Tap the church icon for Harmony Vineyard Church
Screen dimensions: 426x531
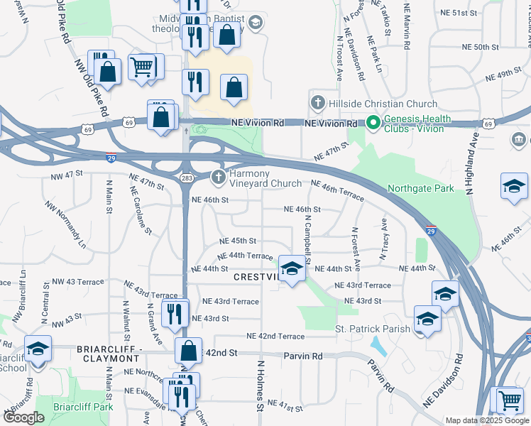click(x=219, y=176)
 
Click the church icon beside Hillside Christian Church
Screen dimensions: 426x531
click(x=318, y=103)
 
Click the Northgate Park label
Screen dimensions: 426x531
click(x=421, y=190)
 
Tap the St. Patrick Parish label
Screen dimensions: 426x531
click(x=373, y=329)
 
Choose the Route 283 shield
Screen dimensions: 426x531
click(x=186, y=177)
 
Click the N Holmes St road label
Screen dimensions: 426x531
click(x=261, y=387)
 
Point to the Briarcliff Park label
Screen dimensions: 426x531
click(x=83, y=408)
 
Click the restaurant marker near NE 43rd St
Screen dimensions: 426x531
click(x=174, y=313)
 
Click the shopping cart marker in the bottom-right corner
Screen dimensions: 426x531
click(x=509, y=402)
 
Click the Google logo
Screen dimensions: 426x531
click(x=24, y=417)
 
